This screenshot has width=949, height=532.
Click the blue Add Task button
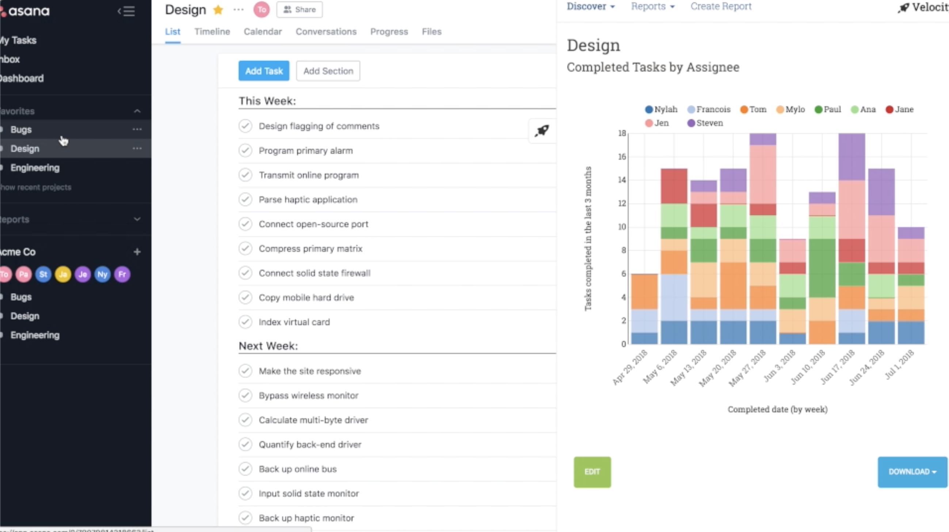tap(264, 71)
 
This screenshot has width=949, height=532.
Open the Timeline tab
tap(212, 32)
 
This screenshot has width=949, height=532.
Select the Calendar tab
tap(263, 32)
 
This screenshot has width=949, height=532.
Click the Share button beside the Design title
tap(300, 9)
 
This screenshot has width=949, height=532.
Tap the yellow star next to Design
tap(218, 10)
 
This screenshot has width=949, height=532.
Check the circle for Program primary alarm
tap(245, 150)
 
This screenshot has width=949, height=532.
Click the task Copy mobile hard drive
tap(306, 297)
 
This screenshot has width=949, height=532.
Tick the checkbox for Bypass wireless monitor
tap(245, 395)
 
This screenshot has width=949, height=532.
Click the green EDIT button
tap(592, 472)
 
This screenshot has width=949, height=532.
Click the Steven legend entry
tap(705, 123)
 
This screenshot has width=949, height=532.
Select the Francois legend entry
tap(709, 109)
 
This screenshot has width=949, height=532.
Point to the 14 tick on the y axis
tap(622, 180)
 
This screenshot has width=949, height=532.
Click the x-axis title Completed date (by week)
tap(777, 409)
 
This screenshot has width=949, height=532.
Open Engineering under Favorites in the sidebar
tap(35, 168)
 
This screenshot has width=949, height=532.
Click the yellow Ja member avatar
tap(63, 274)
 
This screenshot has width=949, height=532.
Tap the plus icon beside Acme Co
tap(137, 252)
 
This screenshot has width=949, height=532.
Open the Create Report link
tap(721, 6)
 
